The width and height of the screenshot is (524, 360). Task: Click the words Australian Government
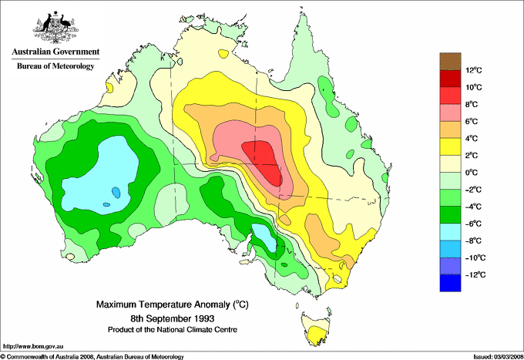coord(55,52)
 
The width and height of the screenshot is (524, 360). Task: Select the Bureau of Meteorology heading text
coord(55,66)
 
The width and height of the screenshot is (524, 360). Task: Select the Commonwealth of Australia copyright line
coord(92,355)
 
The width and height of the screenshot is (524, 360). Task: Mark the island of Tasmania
coord(314,328)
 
